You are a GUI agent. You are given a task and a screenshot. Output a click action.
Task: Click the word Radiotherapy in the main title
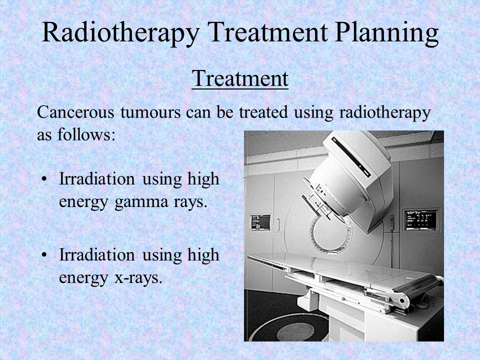point(120,33)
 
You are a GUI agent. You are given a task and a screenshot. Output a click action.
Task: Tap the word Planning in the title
point(387,33)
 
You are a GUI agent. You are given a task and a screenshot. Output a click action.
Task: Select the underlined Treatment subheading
point(240,78)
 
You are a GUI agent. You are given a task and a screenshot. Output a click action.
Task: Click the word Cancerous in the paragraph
point(75,112)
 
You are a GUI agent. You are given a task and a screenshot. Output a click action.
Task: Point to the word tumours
point(150,112)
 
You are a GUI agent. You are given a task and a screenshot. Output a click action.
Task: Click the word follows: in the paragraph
point(86,134)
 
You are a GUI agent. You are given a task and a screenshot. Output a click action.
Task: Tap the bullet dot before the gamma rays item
point(44,179)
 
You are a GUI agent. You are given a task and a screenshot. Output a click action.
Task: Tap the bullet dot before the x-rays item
point(44,254)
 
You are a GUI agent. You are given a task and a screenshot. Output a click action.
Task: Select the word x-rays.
point(138,278)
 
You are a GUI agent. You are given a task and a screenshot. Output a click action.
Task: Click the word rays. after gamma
point(191,202)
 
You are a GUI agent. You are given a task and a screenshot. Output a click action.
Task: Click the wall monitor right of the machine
point(420,219)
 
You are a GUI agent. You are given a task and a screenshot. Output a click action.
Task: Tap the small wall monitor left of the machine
point(261,222)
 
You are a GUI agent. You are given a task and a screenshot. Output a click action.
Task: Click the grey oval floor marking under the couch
point(295,331)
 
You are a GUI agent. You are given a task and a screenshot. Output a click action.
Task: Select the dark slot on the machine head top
point(351,157)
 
